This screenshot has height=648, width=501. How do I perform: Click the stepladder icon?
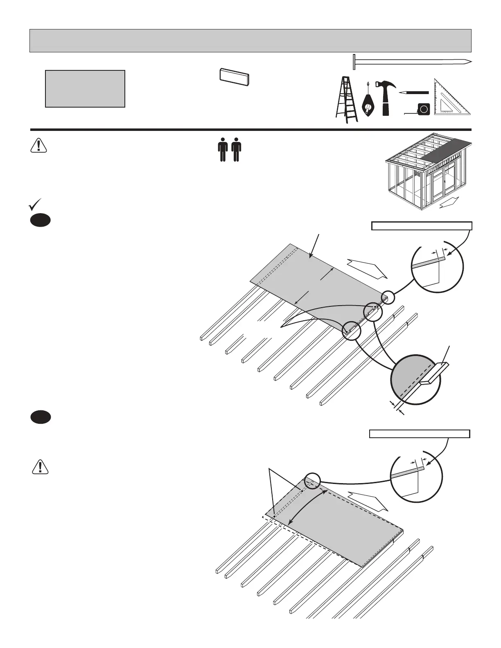coord(346,99)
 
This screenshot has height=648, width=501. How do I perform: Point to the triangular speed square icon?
coord(451,98)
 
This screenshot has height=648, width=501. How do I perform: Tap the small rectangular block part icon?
coord(234,76)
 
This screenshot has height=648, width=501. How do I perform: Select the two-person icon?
coord(229,150)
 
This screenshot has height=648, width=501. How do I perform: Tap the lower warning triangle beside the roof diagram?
coord(39,466)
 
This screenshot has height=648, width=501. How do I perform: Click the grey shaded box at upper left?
coord(85,88)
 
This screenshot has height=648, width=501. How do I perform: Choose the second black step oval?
coord(40,417)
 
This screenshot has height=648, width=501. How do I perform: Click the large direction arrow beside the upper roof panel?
coord(367,268)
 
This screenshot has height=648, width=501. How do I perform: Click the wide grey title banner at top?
coord(250,40)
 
